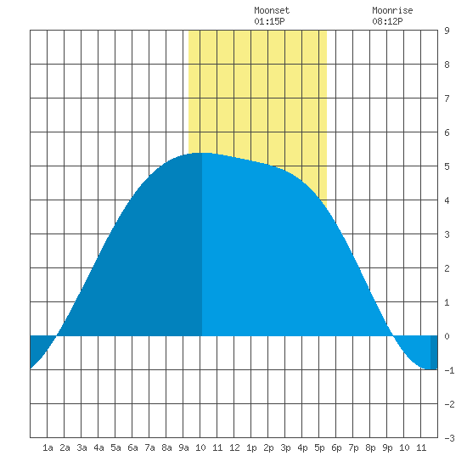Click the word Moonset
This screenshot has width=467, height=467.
(272, 10)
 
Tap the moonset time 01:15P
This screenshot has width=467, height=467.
(269, 21)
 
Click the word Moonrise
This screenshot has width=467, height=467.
(392, 10)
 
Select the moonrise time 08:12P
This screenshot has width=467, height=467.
(387, 21)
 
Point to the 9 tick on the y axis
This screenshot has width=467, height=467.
(447, 31)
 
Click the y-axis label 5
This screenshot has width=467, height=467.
(447, 166)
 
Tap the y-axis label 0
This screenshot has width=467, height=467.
(447, 336)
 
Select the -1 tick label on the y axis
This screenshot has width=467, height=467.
(449, 370)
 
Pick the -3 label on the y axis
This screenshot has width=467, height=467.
(449, 438)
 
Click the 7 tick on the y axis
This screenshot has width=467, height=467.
(447, 98)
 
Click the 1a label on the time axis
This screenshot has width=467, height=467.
(48, 447)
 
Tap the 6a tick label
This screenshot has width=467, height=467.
(132, 447)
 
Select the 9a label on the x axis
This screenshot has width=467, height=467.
(183, 447)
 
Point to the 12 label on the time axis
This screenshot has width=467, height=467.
(234, 447)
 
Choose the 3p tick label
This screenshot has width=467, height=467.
(285, 447)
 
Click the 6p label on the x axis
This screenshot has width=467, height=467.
(336, 447)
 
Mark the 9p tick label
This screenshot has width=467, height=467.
(387, 447)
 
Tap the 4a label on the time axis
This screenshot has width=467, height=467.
(98, 447)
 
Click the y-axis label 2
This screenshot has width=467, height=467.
(447, 268)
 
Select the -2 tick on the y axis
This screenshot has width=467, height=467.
(449, 404)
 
